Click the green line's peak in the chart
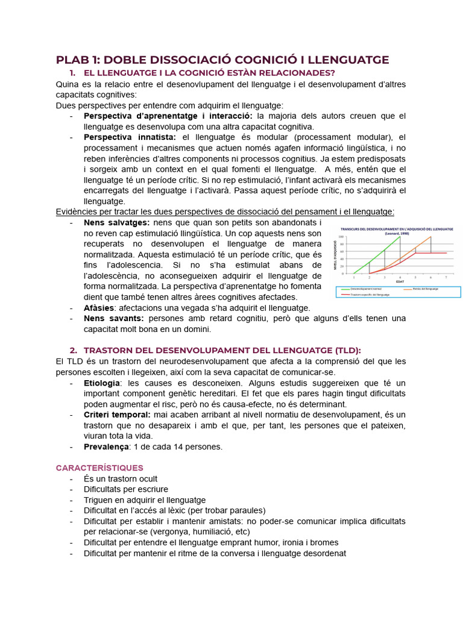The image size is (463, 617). tap(400, 237)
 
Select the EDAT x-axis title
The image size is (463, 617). tap(400, 281)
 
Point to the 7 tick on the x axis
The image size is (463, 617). tap(446, 277)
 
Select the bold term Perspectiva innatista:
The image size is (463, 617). tap(124, 137)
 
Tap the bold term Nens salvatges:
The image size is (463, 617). tap(116, 222)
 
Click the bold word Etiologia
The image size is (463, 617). tap(102, 383)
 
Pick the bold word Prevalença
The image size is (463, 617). tap(106, 446)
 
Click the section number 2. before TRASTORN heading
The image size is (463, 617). tap(74, 350)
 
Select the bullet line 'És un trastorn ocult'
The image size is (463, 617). tap(124, 478)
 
